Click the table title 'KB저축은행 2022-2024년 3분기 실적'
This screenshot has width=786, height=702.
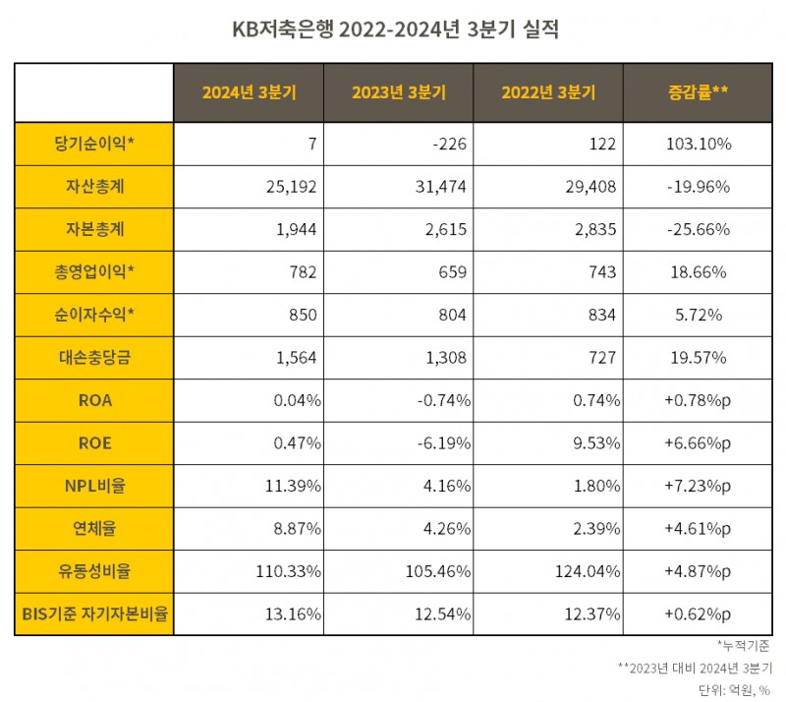coord(393,29)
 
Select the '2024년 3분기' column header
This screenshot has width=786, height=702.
coord(249,92)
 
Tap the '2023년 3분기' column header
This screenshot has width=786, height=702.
coord(398,92)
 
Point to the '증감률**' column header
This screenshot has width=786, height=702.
coord(698,92)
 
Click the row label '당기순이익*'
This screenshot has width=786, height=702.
coord(94,144)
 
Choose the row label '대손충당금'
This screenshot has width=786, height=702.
coord(94,358)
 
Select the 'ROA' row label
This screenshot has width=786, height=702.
coord(94,400)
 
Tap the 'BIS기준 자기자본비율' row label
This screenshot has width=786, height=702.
coord(94,614)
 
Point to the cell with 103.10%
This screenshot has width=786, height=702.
coord(698,144)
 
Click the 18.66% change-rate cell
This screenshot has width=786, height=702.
coord(698,272)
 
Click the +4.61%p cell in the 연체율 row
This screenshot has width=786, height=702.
coord(698,529)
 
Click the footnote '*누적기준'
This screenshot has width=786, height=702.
coord(744,646)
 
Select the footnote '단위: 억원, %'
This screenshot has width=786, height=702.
coord(735,689)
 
